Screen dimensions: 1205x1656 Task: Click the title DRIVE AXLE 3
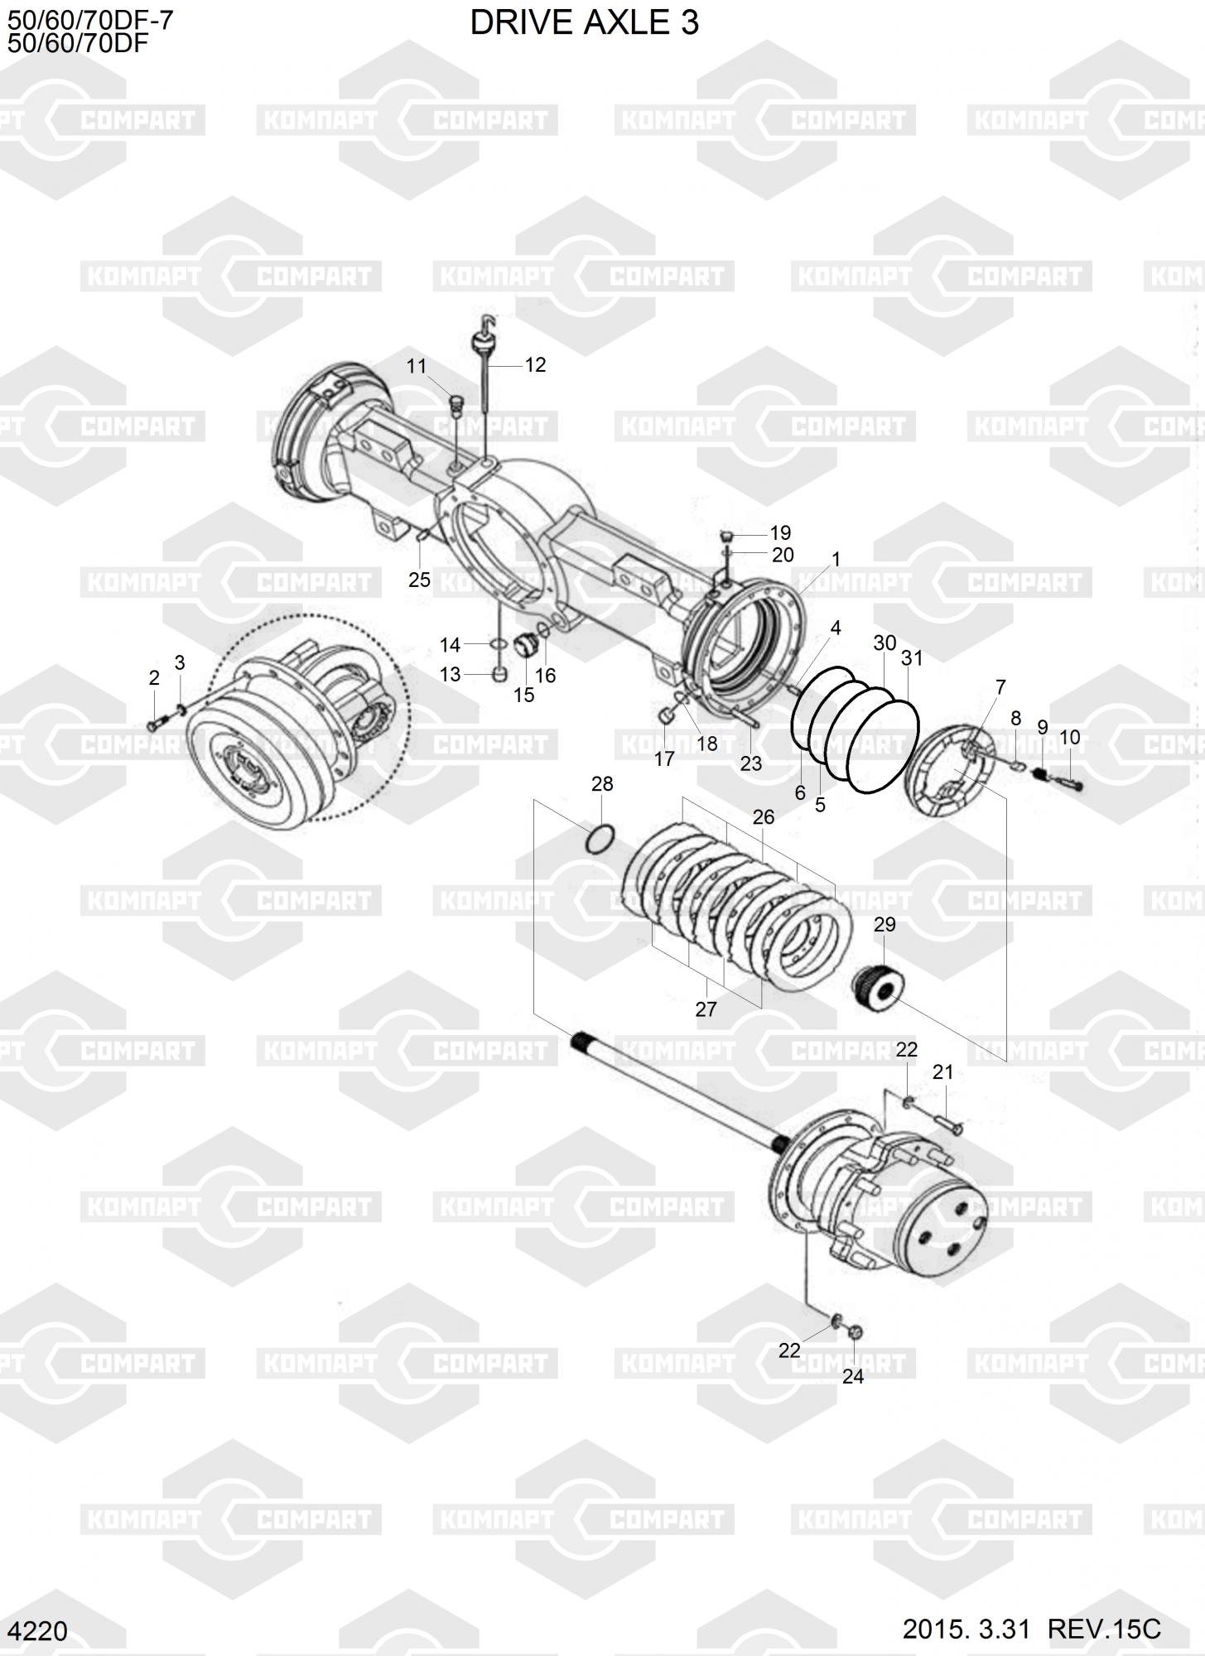coord(584,22)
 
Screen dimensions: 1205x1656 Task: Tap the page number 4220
coord(41,1630)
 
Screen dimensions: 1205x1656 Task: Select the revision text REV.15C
coord(1105,1628)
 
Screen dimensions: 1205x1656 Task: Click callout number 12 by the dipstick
coord(535,364)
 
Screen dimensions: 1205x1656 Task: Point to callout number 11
coord(416,366)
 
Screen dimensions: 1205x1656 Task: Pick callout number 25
coord(419,580)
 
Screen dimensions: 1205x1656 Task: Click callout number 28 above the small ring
coord(602,783)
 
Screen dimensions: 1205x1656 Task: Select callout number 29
coord(884,924)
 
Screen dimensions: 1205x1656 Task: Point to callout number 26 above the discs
coord(763,816)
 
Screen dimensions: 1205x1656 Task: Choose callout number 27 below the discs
coord(706,1009)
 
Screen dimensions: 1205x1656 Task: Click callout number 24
coord(853,1375)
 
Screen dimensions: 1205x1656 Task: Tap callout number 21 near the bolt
coord(942,1071)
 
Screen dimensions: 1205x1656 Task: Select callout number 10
coord(1069,737)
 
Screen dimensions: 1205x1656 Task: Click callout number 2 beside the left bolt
coord(154,678)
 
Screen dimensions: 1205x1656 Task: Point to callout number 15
coord(523,694)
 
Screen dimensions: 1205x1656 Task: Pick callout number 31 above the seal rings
coord(911,658)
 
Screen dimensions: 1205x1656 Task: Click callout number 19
coord(780,532)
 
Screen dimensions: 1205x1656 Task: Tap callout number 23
coord(751,763)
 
